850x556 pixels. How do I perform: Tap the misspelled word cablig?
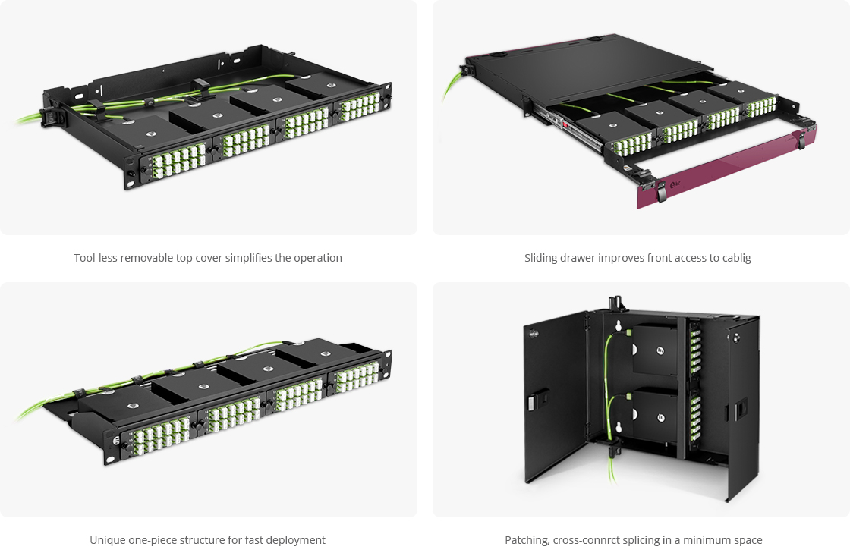pos(735,258)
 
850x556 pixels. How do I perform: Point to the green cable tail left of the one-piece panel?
pos(38,410)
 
